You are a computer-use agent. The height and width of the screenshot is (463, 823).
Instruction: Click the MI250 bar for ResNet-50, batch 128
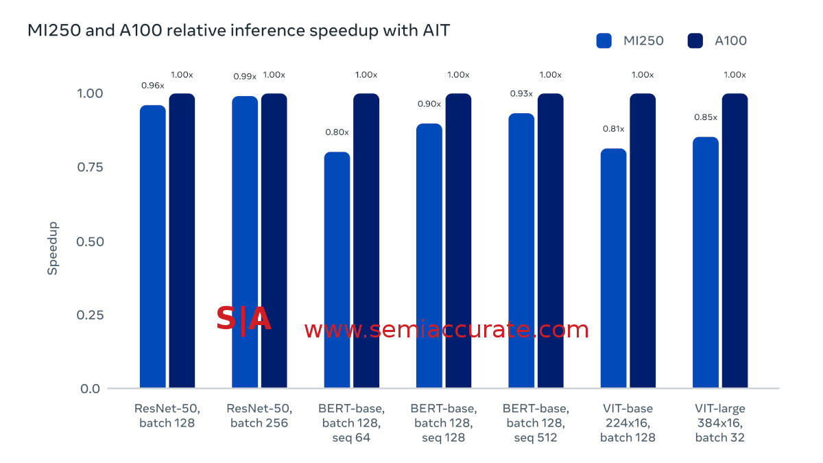152,247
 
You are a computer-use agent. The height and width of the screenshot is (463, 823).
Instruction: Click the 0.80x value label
337,132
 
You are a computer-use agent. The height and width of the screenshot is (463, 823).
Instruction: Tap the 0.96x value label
152,86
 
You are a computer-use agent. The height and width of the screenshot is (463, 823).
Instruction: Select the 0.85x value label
705,117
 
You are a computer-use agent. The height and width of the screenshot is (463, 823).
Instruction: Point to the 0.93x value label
521,93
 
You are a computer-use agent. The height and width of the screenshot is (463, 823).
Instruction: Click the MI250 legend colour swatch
604,40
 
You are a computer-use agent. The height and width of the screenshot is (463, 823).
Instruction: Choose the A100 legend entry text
730,40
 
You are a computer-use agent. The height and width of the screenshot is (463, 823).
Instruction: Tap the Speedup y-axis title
53,248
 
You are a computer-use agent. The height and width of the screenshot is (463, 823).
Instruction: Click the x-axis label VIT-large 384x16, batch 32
719,423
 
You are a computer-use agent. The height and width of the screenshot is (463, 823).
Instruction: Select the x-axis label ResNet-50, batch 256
259,416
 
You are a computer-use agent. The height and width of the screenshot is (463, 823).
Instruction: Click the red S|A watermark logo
243,320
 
